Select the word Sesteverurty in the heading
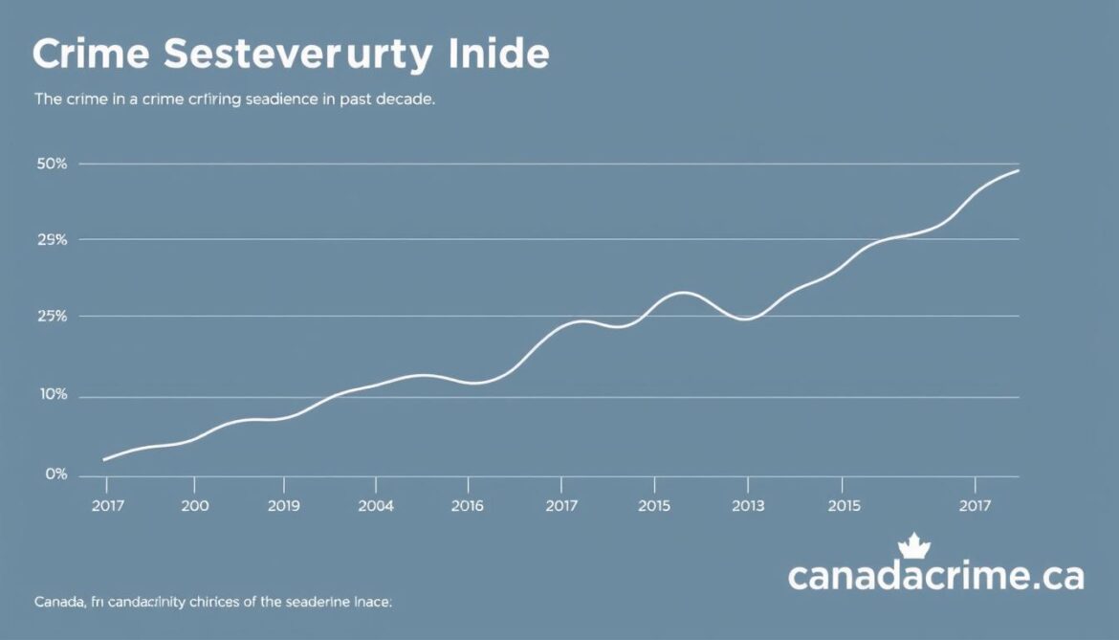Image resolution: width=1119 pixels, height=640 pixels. coord(296,55)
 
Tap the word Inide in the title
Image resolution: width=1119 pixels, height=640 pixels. coord(498,55)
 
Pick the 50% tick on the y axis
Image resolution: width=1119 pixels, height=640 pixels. coord(53,164)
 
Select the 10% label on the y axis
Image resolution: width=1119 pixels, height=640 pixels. coord(53,395)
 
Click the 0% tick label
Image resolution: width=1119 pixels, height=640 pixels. coord(55,474)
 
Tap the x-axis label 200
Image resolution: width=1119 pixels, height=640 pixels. coord(194,505)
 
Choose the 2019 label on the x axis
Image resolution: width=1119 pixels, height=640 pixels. coord(283,505)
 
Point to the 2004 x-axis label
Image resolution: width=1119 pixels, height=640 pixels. coord(375,505)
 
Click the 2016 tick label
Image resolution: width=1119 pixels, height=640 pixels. coord(467,505)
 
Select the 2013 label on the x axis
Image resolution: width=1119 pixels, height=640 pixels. coord(747,505)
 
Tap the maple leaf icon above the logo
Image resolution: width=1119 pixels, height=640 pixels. coord(914,546)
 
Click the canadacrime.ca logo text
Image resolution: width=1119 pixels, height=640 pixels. coord(935,577)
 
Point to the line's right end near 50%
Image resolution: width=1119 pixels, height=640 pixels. coord(1018,170)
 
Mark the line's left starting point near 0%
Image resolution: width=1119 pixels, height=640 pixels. coord(103,460)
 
